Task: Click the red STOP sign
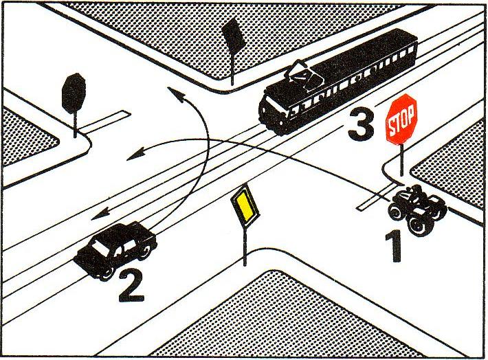coord(401,119)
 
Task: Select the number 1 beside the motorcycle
coord(395,246)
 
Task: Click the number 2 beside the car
coord(131,285)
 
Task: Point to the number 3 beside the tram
coord(361,124)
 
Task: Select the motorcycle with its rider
coord(417,209)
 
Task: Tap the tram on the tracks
coord(338,82)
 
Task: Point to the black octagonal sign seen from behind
coord(74,93)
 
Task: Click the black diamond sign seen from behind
coord(234,35)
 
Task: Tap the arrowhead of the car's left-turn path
coord(175,93)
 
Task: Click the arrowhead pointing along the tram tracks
coord(100,214)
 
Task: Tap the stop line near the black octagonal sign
coord(104,121)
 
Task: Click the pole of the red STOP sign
coord(401,160)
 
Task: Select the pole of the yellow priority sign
coord(245,247)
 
